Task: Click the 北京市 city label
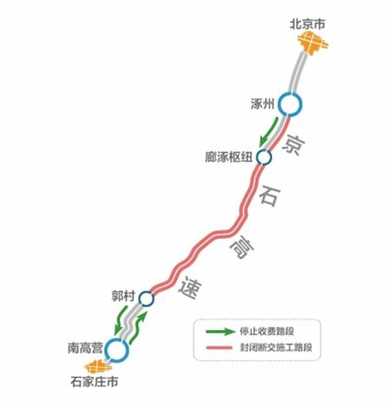click(x=308, y=24)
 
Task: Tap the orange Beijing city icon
click(x=313, y=43)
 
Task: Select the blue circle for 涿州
click(x=290, y=104)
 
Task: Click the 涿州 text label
click(x=263, y=104)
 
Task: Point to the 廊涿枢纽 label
click(x=229, y=157)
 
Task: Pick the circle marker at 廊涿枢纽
click(x=264, y=157)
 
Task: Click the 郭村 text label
click(x=123, y=296)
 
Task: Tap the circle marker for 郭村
click(x=146, y=299)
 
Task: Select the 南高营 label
click(x=85, y=348)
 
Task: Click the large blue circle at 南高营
click(x=117, y=350)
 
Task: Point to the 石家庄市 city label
click(x=94, y=382)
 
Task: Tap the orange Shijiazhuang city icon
click(x=98, y=366)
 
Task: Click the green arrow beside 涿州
click(x=270, y=131)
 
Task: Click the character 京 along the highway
click(x=294, y=145)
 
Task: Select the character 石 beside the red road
click(x=270, y=196)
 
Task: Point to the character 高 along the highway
click(x=242, y=247)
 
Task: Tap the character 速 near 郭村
click(x=190, y=288)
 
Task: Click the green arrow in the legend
click(x=220, y=331)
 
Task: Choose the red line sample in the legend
click(x=219, y=347)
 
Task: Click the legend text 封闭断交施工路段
click(x=276, y=347)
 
